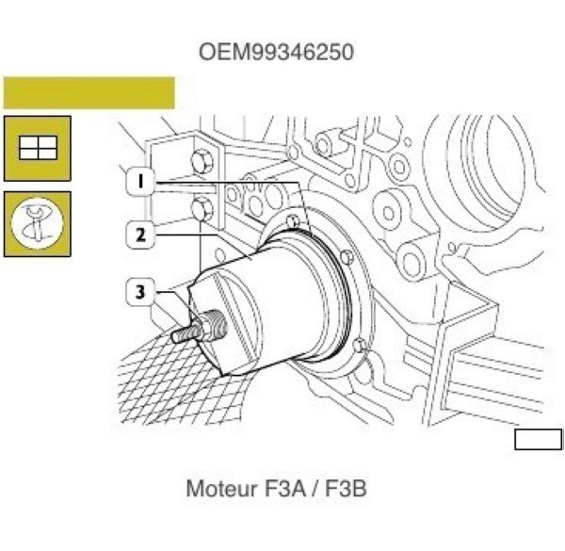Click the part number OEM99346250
[x=276, y=52]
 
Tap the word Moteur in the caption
[x=221, y=489]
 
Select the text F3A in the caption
[x=285, y=489]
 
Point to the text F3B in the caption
[x=346, y=489]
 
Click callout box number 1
[x=140, y=181]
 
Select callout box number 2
[x=140, y=235]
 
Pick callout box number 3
[x=140, y=292]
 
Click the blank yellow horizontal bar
[x=89, y=92]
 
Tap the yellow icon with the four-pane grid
[x=37, y=148]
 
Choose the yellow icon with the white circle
[x=37, y=224]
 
